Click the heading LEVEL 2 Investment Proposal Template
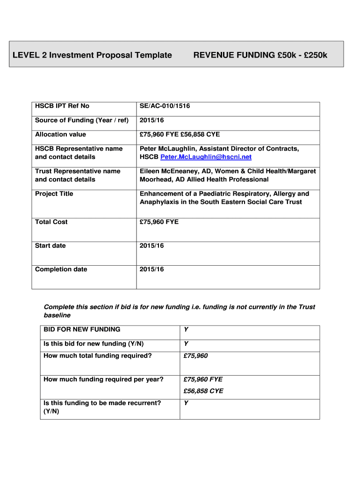92,55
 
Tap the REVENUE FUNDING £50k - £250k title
260,55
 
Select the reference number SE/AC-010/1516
165,106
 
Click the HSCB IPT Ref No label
62,106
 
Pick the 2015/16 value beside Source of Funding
151,120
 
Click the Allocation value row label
60,134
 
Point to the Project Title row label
54,194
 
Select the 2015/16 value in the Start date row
151,246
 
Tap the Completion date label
61,269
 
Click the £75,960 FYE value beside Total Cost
159,222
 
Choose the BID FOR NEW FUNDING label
82,329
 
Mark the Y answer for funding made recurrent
186,403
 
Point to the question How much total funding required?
97,356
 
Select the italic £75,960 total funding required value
195,356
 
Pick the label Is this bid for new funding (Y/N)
94,344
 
